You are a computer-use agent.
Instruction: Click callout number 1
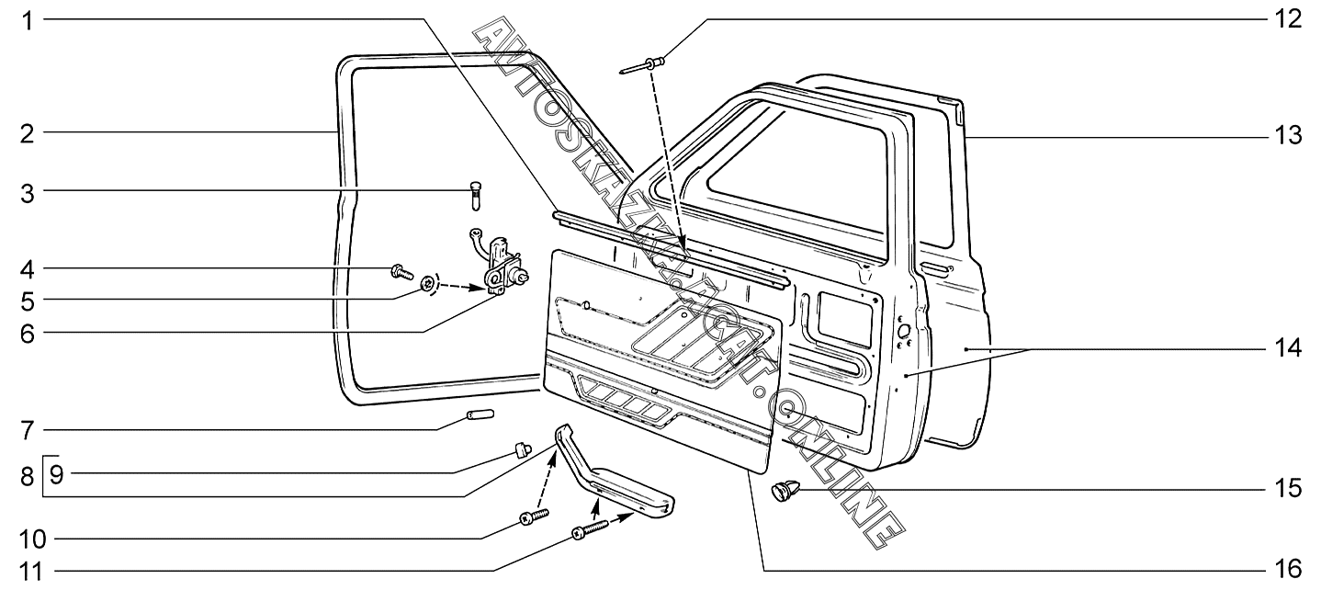(28, 19)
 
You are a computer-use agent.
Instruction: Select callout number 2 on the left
(28, 134)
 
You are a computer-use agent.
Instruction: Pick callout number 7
(28, 429)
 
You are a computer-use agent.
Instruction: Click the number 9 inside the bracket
(57, 475)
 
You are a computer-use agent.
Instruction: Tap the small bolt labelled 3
(475, 195)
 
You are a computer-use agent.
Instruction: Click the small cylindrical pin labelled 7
(478, 415)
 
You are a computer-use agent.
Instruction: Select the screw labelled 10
(533, 516)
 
